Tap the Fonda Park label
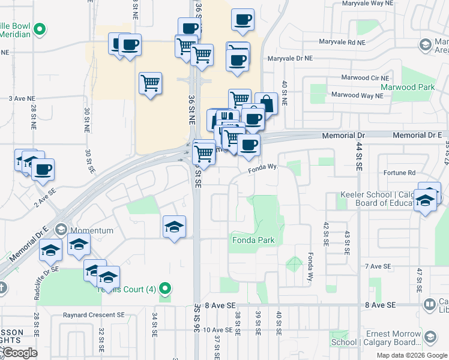click(253, 241)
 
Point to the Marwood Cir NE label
click(365, 78)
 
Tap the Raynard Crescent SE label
click(94, 314)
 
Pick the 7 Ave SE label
click(377, 266)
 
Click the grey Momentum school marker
click(61, 230)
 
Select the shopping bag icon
click(266, 103)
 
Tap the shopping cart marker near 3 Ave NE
click(150, 83)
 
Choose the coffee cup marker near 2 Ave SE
click(43, 169)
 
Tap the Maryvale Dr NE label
click(291, 59)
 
